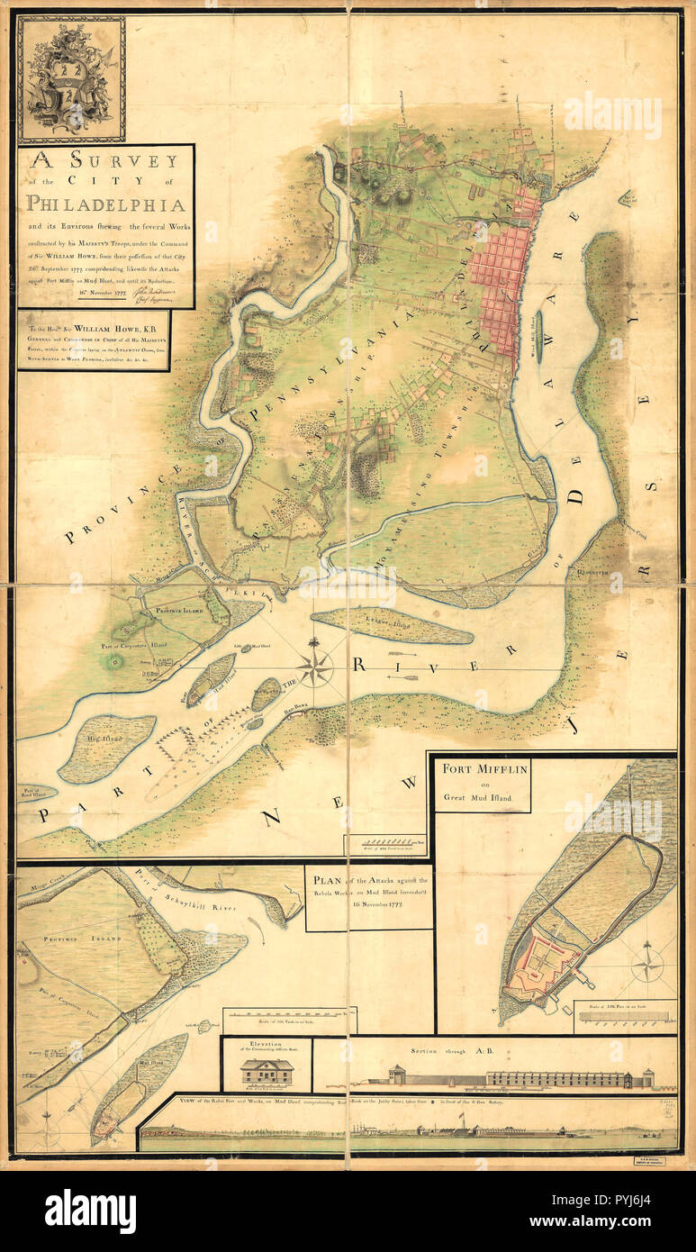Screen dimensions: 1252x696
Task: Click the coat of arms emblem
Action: (70, 79)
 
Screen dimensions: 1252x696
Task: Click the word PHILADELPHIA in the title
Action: (105, 204)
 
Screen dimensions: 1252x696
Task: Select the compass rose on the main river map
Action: (314, 667)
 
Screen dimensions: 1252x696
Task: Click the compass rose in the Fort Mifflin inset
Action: (646, 966)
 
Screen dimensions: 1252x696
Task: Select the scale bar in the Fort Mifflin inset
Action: (625, 1016)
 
